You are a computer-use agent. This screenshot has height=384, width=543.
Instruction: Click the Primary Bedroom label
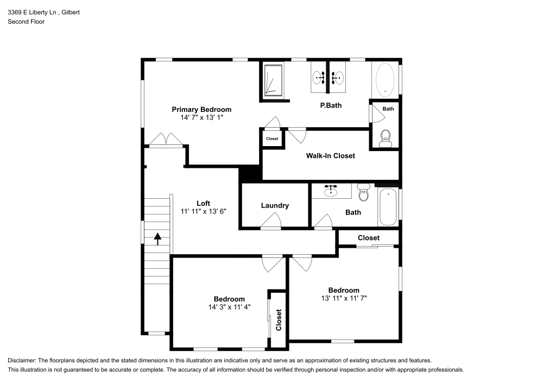(x=201, y=109)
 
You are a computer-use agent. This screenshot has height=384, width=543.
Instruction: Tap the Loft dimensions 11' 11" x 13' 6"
(x=203, y=211)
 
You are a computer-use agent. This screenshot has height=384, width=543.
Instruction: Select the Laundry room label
(x=275, y=205)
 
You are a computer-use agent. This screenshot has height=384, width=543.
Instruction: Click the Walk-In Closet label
(x=330, y=156)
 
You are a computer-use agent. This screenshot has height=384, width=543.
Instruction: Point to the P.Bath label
(x=331, y=105)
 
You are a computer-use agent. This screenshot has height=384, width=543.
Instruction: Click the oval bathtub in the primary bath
(x=386, y=79)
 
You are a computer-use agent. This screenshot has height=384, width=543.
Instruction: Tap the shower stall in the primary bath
(x=273, y=80)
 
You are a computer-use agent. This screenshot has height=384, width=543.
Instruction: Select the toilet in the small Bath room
(x=386, y=137)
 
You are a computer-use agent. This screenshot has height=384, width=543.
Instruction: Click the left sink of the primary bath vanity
(x=319, y=78)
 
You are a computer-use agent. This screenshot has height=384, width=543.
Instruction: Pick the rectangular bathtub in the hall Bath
(x=388, y=207)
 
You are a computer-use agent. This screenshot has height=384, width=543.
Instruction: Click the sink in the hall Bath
(x=330, y=191)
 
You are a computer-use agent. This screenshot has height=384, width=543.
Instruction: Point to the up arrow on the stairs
(x=157, y=239)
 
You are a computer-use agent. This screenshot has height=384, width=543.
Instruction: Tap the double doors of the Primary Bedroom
(x=166, y=139)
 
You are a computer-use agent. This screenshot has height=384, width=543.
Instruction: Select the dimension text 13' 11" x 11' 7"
(x=343, y=298)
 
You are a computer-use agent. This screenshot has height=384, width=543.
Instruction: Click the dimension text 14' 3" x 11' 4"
(x=229, y=307)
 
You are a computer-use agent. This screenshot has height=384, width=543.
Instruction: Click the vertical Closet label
(x=279, y=320)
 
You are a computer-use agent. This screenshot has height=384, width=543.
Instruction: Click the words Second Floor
(x=26, y=22)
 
